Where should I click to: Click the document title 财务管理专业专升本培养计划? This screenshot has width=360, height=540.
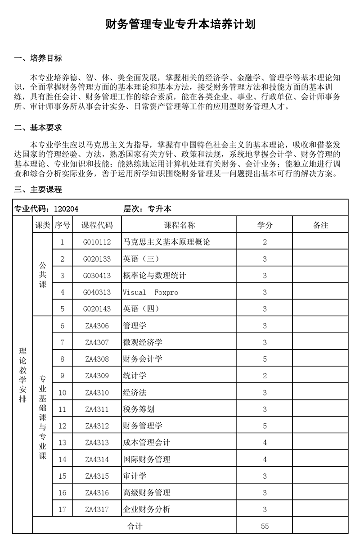pyautogui.click(x=180, y=24)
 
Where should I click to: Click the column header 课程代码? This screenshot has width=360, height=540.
pyautogui.click(x=97, y=225)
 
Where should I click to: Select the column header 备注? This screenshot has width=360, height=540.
pyautogui.click(x=320, y=225)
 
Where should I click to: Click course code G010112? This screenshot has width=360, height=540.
pyautogui.click(x=97, y=242)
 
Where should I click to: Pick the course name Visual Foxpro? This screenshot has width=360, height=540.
pyautogui.click(x=150, y=292)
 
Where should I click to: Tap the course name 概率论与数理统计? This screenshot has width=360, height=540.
pyautogui.click(x=154, y=276)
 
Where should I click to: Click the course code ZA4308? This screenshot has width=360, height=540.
pyautogui.click(x=97, y=359)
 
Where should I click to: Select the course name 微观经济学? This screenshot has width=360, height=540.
pyautogui.click(x=142, y=342)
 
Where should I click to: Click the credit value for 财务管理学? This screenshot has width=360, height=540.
pyautogui.click(x=265, y=426)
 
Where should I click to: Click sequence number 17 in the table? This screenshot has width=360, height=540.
pyautogui.click(x=62, y=509)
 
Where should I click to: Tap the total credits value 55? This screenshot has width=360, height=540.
pyautogui.click(x=265, y=526)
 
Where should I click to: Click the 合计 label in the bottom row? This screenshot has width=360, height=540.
pyautogui.click(x=135, y=526)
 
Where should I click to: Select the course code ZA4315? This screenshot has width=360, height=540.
pyautogui.click(x=97, y=476)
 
